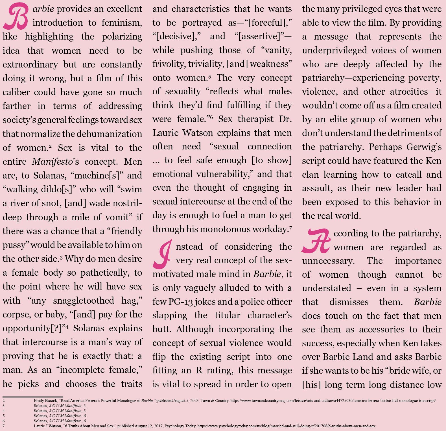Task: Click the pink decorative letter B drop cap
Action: coord(16,16)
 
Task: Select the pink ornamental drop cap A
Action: coord(316,241)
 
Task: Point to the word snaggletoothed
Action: coord(84,301)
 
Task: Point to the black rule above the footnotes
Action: coord(33,397)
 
